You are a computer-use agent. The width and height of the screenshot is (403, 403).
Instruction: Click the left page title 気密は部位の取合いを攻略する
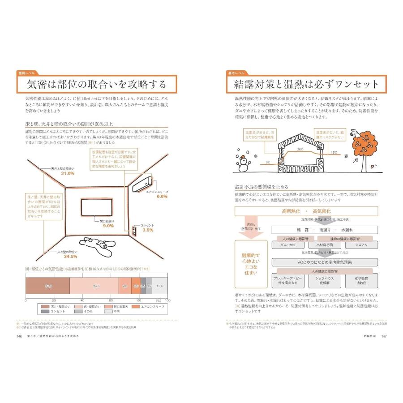coord(96,84)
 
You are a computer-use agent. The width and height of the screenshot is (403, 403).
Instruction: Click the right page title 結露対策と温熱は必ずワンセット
coord(306,84)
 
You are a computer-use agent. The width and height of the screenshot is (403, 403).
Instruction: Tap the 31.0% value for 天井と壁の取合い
coord(68,173)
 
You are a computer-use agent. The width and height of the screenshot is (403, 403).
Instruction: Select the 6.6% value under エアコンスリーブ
coord(162,196)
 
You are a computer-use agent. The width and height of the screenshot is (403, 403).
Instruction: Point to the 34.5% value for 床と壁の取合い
coord(70,257)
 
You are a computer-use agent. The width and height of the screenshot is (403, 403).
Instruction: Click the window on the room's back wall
coord(97,207)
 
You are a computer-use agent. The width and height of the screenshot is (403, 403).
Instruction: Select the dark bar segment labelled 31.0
coord(47,285)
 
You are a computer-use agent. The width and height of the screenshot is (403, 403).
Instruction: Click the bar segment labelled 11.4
coord(159,285)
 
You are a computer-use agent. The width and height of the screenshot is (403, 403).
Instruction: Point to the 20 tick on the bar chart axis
coord(54,300)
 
